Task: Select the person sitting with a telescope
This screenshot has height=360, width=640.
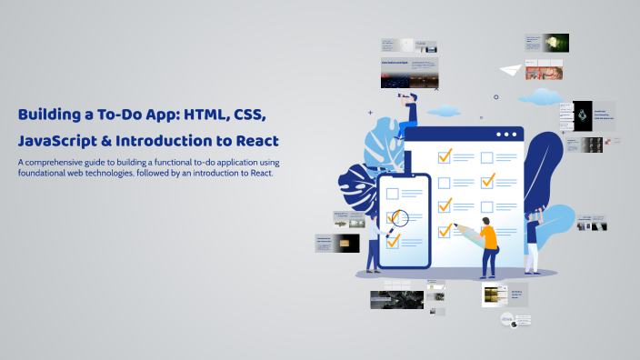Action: pyautogui.click(x=408, y=110)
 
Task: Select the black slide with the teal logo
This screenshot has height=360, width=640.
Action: pyautogui.click(x=576, y=113)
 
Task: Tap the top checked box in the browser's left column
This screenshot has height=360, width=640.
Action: pyautogui.click(x=445, y=156)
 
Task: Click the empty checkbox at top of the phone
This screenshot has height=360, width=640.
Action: pyautogui.click(x=394, y=193)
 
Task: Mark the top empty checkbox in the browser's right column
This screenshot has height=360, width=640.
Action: pyautogui.click(x=486, y=157)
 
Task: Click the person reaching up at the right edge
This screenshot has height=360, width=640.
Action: pyautogui.click(x=534, y=238)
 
